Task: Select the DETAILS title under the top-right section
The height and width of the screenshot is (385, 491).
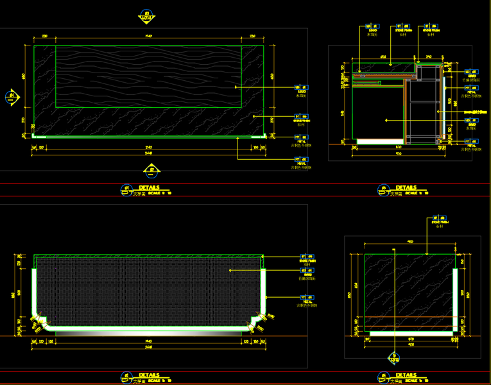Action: click(406, 188)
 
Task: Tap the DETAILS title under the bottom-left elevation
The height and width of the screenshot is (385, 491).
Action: click(149, 375)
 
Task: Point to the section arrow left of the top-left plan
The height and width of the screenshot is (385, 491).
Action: click(13, 98)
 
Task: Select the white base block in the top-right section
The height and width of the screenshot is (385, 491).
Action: click(379, 141)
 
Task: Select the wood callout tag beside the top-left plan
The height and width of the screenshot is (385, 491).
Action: click(301, 87)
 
